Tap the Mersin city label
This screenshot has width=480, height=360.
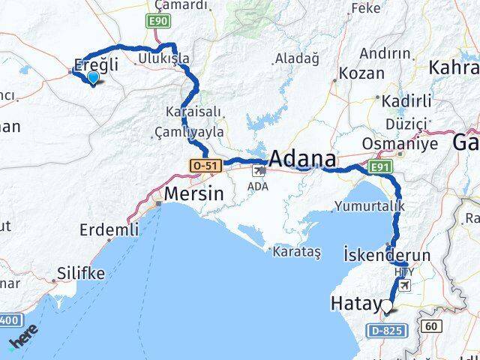coord(193,193)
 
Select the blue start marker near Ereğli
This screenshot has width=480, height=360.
coord(93,77)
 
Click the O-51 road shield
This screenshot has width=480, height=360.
coord(205,164)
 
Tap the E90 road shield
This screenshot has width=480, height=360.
coord(157,21)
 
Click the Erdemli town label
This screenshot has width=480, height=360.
coord(108,229)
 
